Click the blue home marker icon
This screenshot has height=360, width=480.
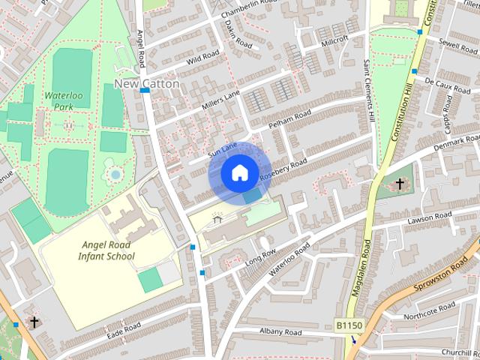238,173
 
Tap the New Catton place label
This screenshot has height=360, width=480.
147,84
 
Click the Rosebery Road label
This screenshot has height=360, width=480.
283,170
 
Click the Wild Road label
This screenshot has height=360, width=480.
202,55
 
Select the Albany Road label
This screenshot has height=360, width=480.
280,332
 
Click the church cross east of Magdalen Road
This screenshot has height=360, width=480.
400,184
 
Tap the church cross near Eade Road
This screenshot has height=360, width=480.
34,322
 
